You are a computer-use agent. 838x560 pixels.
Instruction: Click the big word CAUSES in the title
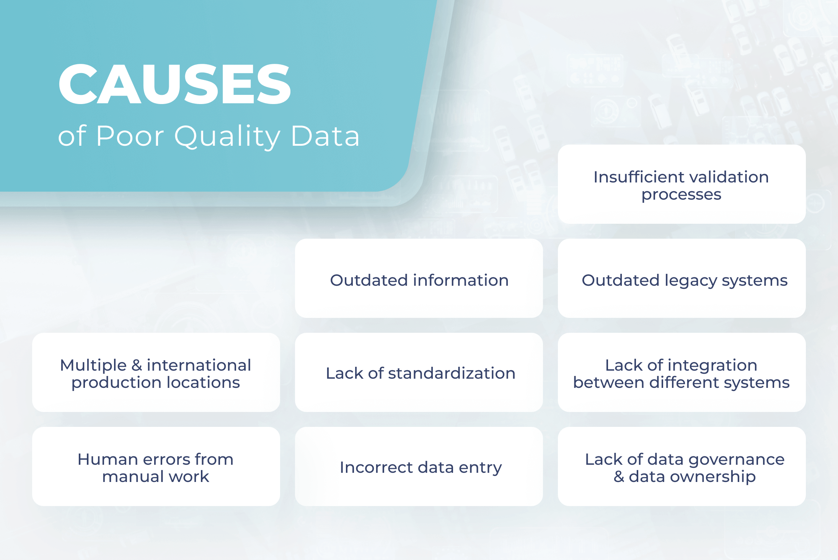point(174,84)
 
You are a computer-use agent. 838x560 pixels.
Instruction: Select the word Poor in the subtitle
point(130,136)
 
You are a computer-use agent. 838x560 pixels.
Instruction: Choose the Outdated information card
point(419,280)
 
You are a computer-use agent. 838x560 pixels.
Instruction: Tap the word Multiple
point(93,366)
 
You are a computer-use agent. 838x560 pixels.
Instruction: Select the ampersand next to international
point(137,365)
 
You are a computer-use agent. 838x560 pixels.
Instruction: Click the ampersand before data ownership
point(619,477)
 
